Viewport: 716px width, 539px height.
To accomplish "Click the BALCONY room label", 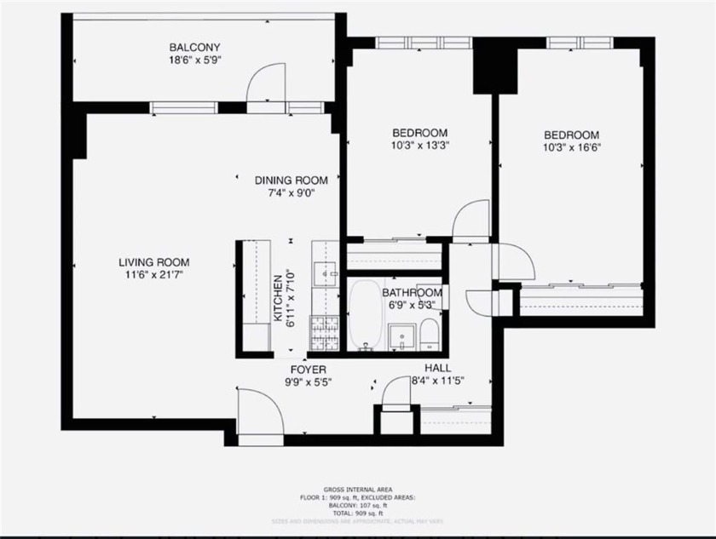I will pyautogui.click(x=194, y=48).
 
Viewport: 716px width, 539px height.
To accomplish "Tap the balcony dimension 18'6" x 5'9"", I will pyautogui.click(x=194, y=60).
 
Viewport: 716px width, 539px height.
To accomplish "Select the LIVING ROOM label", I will pyautogui.click(x=153, y=262).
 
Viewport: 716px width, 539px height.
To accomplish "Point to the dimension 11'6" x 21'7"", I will pyautogui.click(x=153, y=275).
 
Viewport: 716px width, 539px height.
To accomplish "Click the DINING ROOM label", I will pyautogui.click(x=291, y=181).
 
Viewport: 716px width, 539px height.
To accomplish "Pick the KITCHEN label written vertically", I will pyautogui.click(x=278, y=298).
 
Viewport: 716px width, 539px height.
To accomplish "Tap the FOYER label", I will pyautogui.click(x=308, y=370).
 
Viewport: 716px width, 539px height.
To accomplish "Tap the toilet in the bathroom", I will pyautogui.click(x=429, y=335).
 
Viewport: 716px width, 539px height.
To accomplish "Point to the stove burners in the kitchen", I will pyautogui.click(x=325, y=333).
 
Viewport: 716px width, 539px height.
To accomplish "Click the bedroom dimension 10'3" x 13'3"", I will pyautogui.click(x=419, y=146).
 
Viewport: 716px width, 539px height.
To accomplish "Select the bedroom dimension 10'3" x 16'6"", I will pyautogui.click(x=571, y=147).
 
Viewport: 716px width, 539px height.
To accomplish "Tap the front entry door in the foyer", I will pyautogui.click(x=259, y=416).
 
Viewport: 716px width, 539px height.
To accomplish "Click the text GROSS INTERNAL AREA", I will pyautogui.click(x=357, y=490).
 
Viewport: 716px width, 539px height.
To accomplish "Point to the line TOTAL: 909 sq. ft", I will pyautogui.click(x=357, y=513).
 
